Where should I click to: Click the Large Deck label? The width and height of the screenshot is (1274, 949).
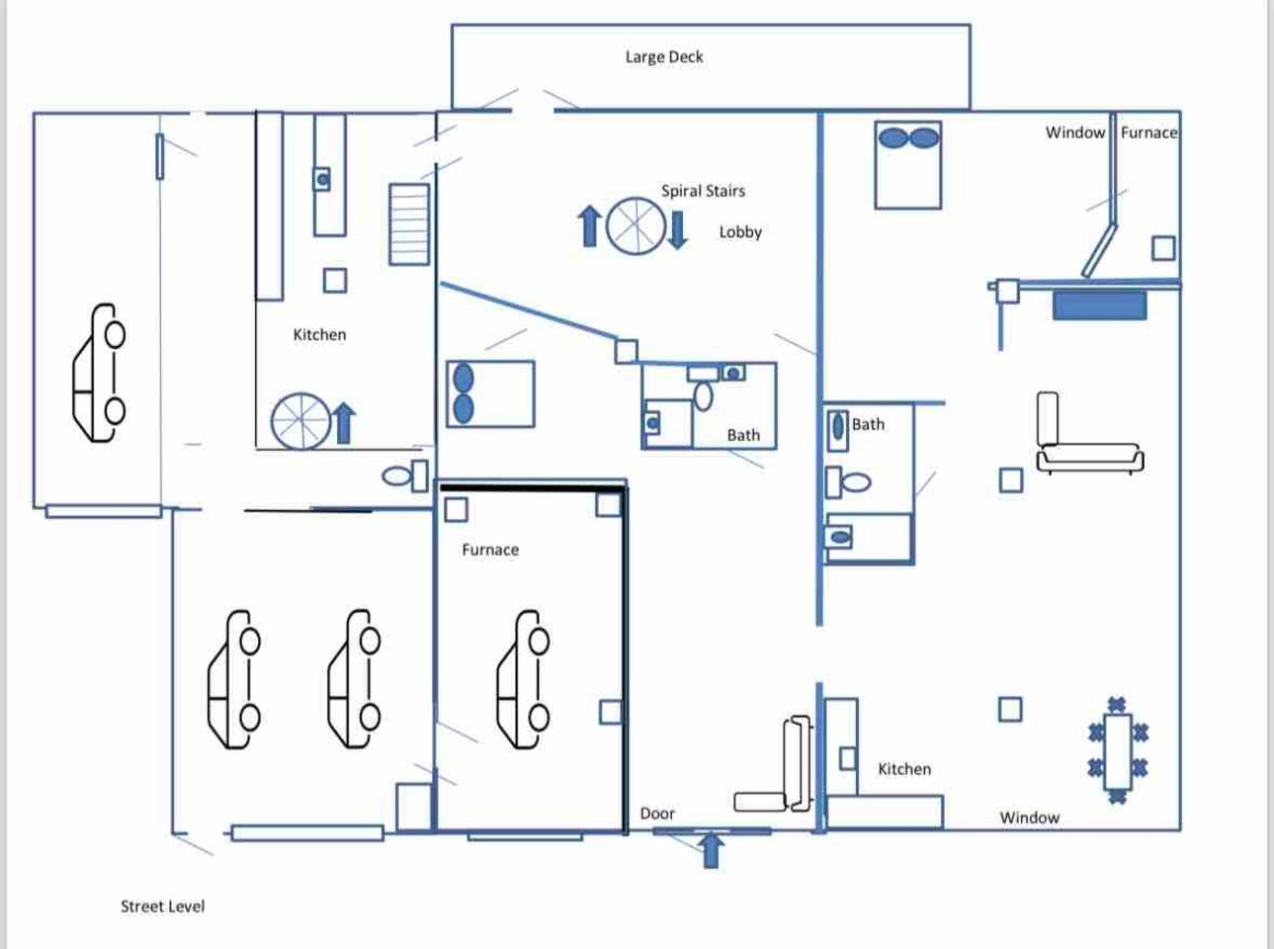664,57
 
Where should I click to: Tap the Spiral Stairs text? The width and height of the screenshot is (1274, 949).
703,191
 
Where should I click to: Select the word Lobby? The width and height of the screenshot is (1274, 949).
740,232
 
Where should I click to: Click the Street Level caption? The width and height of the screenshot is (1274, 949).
162,906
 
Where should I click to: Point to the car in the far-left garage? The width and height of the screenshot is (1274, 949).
100,373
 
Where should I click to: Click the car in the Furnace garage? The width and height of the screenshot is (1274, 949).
523,679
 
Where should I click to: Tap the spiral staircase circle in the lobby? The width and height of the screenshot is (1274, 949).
636,225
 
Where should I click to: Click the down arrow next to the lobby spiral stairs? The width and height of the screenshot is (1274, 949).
678,229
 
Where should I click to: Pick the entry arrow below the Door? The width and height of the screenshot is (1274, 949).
711,849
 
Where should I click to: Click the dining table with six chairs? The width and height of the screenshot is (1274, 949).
1118,751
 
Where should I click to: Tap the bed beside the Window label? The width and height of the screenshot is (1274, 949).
907,165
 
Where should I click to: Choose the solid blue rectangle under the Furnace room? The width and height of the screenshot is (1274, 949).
1099,305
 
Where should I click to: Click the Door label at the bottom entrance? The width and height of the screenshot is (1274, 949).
657,814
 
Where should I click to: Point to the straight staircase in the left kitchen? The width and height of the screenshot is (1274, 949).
409,224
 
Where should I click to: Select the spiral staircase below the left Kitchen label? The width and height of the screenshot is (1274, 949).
301,421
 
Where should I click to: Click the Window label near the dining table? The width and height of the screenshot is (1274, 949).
1029,818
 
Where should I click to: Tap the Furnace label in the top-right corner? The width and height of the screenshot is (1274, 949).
1148,132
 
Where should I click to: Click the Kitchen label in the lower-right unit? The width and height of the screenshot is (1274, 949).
904,769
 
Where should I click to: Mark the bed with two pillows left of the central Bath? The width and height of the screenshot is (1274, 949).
490,394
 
